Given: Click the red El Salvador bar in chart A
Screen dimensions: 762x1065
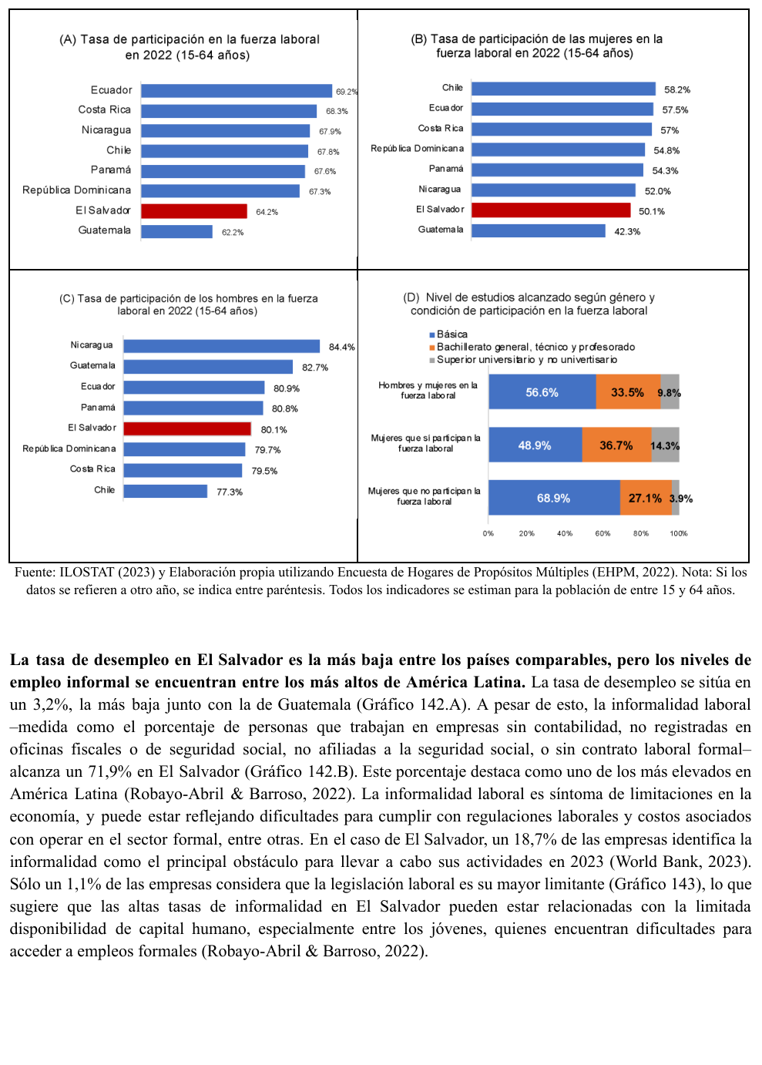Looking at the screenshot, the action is coord(194,211).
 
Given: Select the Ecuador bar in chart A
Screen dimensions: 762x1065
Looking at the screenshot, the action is coord(237,90).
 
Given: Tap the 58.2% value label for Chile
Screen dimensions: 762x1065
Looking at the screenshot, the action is coord(677,89).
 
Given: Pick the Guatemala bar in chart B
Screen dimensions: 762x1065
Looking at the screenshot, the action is coord(538,230).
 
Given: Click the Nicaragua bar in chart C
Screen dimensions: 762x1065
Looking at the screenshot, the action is coord(222,346).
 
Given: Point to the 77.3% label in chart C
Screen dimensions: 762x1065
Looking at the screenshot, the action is coord(230,492).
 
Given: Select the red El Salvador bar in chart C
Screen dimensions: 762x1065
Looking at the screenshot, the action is coord(187,429).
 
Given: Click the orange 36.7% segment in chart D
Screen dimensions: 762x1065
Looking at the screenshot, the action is coord(616,445).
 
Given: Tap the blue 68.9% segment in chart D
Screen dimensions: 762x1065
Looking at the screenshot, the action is coord(554,498).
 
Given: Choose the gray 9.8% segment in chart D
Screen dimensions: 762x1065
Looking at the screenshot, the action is coord(670,391).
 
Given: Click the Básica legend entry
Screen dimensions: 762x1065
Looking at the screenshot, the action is coord(448,334).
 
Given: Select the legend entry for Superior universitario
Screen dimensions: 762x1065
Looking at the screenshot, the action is coord(523,360).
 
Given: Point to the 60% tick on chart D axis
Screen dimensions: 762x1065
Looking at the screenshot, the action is coord(603,533).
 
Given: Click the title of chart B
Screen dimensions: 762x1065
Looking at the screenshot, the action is coord(536,45).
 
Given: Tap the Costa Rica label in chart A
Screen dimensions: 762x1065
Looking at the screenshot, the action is coord(105,110).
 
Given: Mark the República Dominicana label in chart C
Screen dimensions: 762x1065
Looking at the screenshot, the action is coord(69,449).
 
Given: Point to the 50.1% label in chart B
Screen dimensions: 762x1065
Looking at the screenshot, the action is coord(651,212).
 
